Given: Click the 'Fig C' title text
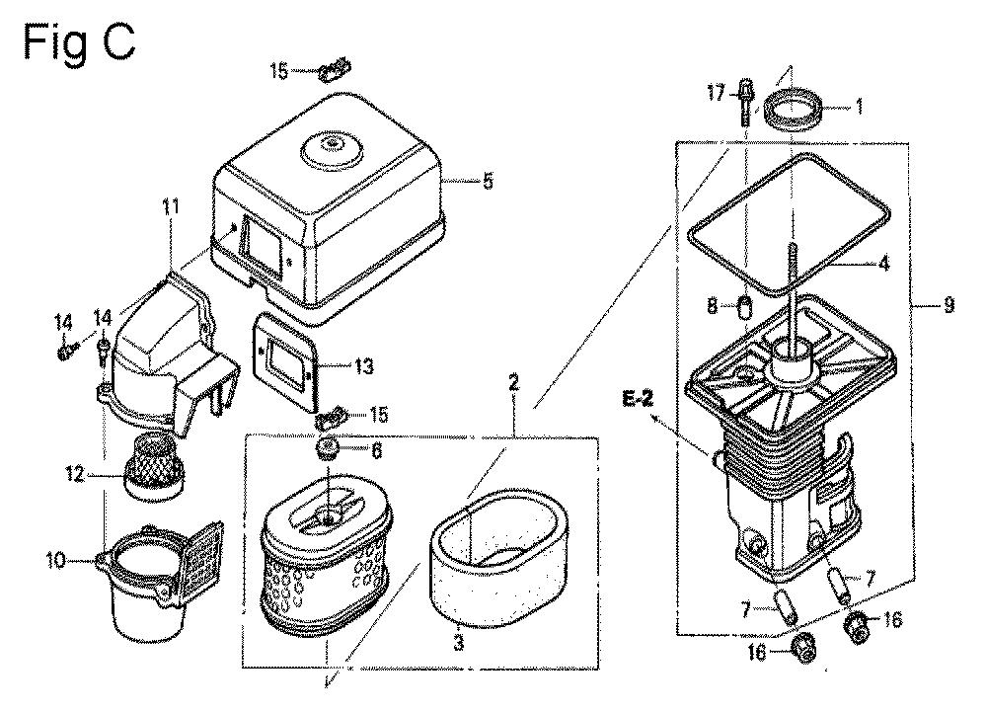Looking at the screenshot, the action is click(x=79, y=42).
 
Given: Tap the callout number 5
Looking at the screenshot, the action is click(x=488, y=182).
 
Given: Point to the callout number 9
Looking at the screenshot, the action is click(x=949, y=306).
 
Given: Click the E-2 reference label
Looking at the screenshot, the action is click(x=638, y=399).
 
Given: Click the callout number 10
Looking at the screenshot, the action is click(x=55, y=560).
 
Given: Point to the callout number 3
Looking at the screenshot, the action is click(x=458, y=644).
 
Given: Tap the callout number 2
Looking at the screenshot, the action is click(x=513, y=382).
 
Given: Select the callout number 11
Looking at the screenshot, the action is click(x=170, y=206).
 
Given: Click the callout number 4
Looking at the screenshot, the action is click(x=883, y=263).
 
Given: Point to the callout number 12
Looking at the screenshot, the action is click(x=74, y=473).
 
